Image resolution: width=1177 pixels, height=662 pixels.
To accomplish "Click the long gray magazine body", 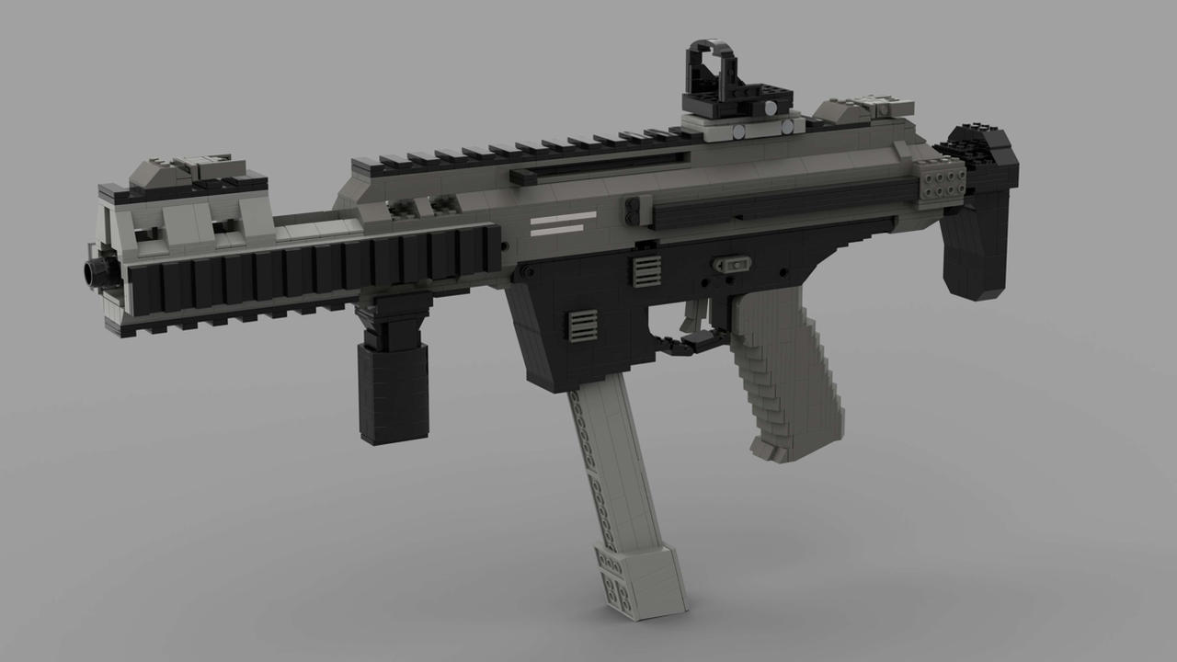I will (x=615, y=460).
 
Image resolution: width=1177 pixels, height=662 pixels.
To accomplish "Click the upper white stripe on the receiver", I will (x=562, y=217).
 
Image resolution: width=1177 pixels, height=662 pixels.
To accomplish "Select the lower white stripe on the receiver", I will (x=562, y=230).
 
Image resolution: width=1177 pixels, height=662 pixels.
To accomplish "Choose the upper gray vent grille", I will (x=646, y=269).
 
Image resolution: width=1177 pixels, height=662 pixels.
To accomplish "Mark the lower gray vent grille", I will (x=582, y=325).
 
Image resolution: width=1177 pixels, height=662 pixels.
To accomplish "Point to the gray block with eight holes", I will (x=940, y=179).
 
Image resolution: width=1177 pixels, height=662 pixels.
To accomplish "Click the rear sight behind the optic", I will (x=860, y=109).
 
